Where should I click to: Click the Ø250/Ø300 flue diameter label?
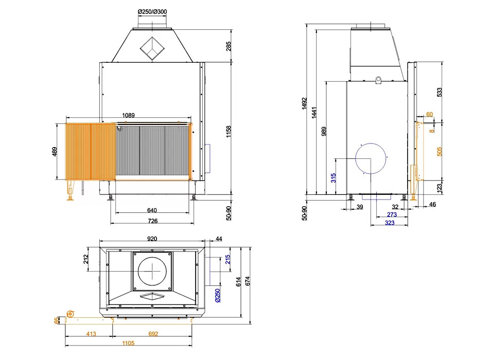pyautogui.click(x=152, y=12)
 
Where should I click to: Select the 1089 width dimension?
pyautogui.click(x=128, y=115)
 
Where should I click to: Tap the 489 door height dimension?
pyautogui.click(x=55, y=152)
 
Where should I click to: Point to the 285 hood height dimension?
pyautogui.click(x=229, y=46)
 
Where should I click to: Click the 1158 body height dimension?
pyautogui.click(x=229, y=132)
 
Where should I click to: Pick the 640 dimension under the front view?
pyautogui.click(x=152, y=210)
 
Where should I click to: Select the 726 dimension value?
pyautogui.click(x=152, y=221)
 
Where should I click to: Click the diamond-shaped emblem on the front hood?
pyautogui.click(x=152, y=48)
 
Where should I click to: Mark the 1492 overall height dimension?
pyautogui.click(x=304, y=103)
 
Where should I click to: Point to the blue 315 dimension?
pyautogui.click(x=334, y=178)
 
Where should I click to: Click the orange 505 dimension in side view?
pyautogui.click(x=440, y=152)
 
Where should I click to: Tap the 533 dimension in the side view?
pyautogui.click(x=440, y=92)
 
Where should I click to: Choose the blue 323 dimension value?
pyautogui.click(x=389, y=223)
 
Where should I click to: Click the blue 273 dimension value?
pyautogui.click(x=392, y=214)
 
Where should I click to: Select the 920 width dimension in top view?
pyautogui.click(x=152, y=239)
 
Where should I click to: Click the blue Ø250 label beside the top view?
pyautogui.click(x=218, y=295)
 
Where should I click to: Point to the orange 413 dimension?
pyautogui.click(x=91, y=334)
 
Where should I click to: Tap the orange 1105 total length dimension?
pyautogui.click(x=128, y=343)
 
